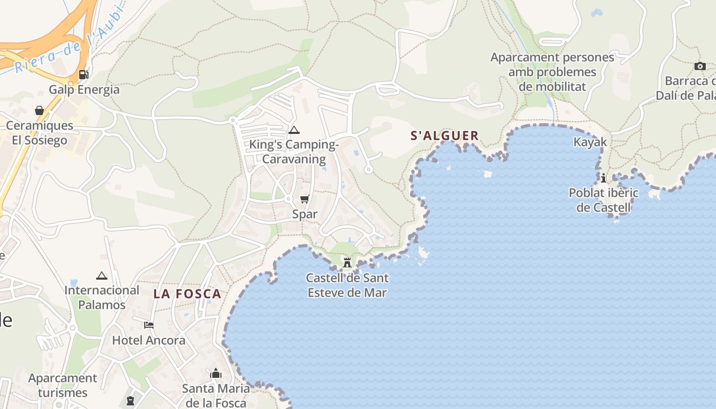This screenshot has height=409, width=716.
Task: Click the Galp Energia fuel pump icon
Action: (x=83, y=75)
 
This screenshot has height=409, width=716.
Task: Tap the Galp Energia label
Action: (x=84, y=89)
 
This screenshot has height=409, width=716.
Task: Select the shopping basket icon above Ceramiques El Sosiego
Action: (x=39, y=110)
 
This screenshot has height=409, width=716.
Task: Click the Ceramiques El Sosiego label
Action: (x=40, y=132)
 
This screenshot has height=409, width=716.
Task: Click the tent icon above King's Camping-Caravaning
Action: (x=294, y=130)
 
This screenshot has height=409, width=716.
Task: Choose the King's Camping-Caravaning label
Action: (x=294, y=152)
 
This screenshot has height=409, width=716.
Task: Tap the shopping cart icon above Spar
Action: (x=305, y=199)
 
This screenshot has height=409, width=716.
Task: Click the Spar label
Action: (x=305, y=214)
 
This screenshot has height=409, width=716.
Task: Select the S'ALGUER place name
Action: (x=445, y=136)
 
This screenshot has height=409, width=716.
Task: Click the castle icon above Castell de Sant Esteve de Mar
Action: (x=347, y=263)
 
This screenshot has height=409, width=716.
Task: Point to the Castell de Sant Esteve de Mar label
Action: (x=347, y=285)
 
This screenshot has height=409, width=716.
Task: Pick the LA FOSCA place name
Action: (x=188, y=294)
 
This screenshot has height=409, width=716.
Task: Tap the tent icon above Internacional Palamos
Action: (x=102, y=276)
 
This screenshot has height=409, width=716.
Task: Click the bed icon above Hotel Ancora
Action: (x=149, y=325)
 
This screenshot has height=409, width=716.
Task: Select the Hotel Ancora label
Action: (x=149, y=340)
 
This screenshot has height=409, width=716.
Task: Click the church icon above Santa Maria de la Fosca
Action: (x=216, y=374)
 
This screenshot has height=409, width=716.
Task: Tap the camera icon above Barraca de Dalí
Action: (x=700, y=66)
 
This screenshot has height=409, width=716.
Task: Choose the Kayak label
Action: (x=590, y=142)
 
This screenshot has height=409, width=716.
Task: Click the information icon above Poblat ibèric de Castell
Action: (x=603, y=178)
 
